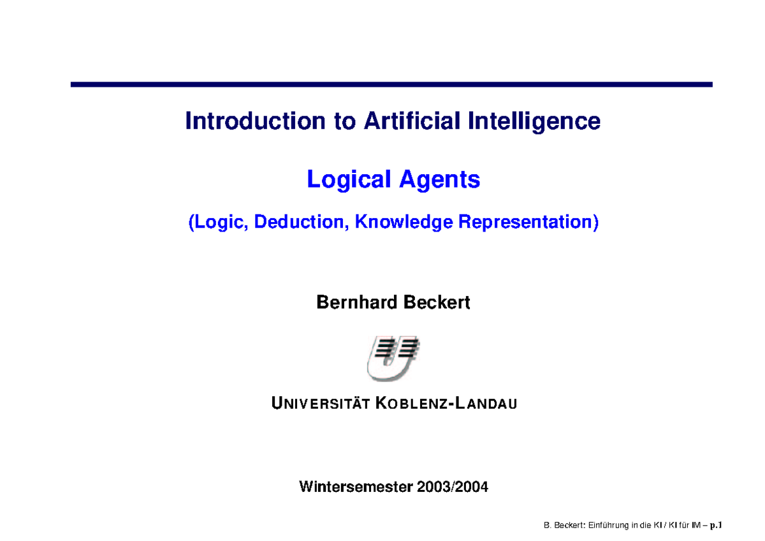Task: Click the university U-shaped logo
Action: [x=393, y=358]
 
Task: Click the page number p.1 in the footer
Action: [x=717, y=526]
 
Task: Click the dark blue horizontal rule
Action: [x=391, y=84]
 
